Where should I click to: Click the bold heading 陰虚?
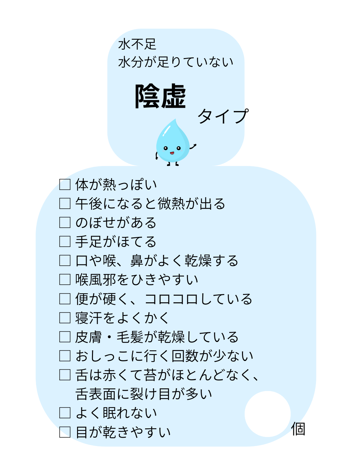[x=160, y=96]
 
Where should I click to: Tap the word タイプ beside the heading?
[x=223, y=116]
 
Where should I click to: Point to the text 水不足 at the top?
[x=137, y=44]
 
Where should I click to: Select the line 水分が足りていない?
[x=176, y=62]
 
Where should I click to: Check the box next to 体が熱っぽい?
[x=65, y=184]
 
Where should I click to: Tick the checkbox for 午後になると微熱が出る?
[x=65, y=203]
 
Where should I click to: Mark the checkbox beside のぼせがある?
[x=65, y=222]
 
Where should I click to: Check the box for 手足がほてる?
[x=65, y=241]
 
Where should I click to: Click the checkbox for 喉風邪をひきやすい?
[x=65, y=279]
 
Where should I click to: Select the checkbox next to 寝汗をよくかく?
[x=65, y=318]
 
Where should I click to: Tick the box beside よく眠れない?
[x=65, y=413]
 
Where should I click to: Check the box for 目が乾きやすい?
[x=65, y=432]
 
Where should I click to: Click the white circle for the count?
[x=268, y=414]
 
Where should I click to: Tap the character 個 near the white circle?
[x=298, y=429]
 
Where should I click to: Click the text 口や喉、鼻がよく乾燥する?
[x=157, y=261]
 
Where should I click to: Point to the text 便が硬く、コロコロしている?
[x=164, y=299]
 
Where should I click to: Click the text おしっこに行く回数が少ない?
[x=164, y=356]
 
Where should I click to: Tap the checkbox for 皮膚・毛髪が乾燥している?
[x=65, y=337]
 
